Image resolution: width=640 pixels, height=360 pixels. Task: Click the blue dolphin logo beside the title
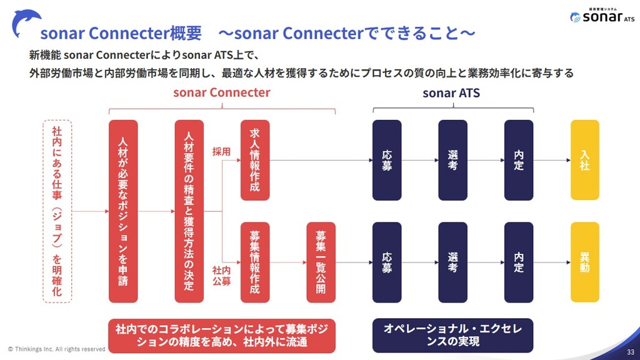tap(26, 23)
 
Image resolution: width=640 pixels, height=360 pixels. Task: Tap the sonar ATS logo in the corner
tap(602, 16)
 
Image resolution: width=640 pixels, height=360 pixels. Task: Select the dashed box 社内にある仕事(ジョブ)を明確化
tap(57, 211)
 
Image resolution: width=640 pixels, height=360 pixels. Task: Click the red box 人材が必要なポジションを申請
tap(123, 211)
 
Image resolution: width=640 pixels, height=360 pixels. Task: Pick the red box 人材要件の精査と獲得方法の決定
tap(189, 211)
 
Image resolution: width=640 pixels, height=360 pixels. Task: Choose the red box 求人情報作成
tap(255, 160)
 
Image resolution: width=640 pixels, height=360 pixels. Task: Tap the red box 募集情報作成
tap(255, 262)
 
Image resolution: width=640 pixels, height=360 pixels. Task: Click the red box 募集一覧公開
tap(321, 262)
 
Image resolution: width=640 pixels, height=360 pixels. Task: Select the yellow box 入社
tap(585, 160)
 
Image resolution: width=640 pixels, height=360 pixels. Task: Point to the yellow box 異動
tap(585, 262)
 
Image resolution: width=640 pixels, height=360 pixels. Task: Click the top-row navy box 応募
tap(387, 160)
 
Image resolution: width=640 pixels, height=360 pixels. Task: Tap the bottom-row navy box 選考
tap(452, 262)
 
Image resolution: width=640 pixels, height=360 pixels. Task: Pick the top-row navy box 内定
tap(519, 160)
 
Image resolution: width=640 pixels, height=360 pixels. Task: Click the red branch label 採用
tap(222, 152)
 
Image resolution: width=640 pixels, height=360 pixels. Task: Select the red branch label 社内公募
tap(222, 276)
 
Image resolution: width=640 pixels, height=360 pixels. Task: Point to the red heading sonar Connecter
tap(222, 92)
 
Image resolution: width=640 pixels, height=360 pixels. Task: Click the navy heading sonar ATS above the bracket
tap(451, 93)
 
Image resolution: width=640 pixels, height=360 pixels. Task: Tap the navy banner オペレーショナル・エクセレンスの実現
tap(452, 335)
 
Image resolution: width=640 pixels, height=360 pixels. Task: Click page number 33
tap(631, 352)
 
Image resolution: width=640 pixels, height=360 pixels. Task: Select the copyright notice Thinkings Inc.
tap(57, 349)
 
